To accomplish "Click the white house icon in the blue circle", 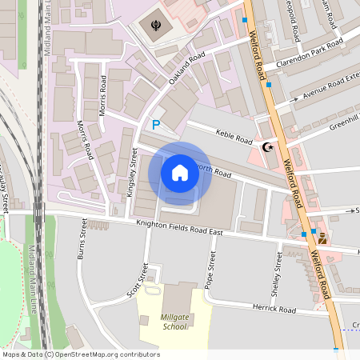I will [x=180, y=172].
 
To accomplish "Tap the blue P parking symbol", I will [x=156, y=125].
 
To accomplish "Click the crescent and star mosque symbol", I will [x=267, y=146].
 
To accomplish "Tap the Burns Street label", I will [x=82, y=242].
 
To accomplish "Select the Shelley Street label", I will [x=278, y=274].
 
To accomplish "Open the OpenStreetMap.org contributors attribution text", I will [x=81, y=354].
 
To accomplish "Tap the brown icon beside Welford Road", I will [x=322, y=238].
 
